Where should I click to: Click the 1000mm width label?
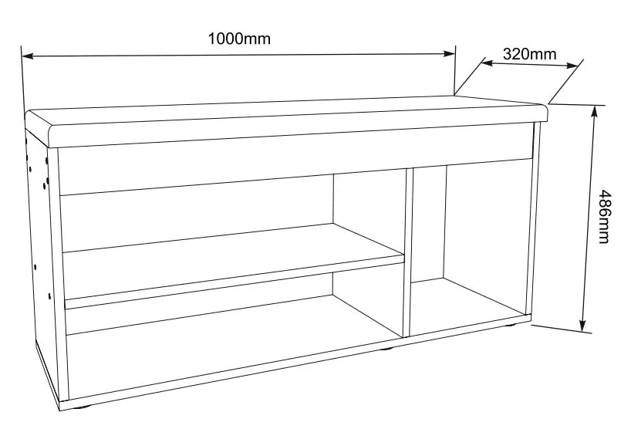point(239,39)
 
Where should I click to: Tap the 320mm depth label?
point(530,54)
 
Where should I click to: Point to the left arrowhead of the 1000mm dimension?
point(28,56)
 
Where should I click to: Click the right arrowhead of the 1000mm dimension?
point(449,53)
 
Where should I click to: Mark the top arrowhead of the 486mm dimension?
point(593,113)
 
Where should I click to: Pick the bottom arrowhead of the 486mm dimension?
point(582,326)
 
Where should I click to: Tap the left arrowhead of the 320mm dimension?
point(487,62)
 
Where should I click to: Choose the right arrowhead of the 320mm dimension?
point(572,65)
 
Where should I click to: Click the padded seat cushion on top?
point(286,120)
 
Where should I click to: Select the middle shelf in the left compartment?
point(234,264)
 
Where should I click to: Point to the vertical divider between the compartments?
point(408,252)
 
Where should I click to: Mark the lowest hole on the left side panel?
point(49,296)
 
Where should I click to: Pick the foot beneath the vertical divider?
point(387,349)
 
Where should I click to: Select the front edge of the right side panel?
point(533,218)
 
